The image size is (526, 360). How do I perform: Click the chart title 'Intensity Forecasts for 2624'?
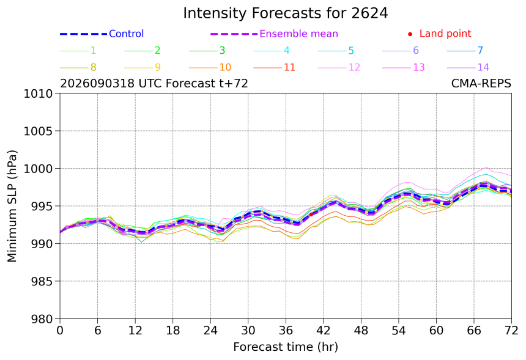coord(286,13)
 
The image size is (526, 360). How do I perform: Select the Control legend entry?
coord(102,34)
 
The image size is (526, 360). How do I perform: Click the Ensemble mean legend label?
coord(298,34)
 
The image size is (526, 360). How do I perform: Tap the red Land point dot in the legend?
coord(410,34)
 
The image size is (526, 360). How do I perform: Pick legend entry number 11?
coord(275,67)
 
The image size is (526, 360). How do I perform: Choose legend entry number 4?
coord(272,51)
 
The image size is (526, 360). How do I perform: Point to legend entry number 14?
coord(468,67)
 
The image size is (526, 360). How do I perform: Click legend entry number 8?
coord(78,67)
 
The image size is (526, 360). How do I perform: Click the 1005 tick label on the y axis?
coord(38,131)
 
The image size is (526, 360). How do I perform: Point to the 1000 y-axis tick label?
coord(38,169)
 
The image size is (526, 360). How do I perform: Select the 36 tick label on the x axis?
coord(286,331)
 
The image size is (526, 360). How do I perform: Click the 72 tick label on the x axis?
coord(511,331)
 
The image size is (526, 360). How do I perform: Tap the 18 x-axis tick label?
coord(172,331)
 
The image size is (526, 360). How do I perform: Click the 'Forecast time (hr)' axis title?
coord(286,347)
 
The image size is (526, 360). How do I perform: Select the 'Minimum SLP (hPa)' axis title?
coord(12,206)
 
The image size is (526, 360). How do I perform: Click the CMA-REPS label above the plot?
coord(481,83)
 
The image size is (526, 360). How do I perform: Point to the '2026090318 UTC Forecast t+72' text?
coord(154,83)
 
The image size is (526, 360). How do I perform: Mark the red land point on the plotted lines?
coord(311,214)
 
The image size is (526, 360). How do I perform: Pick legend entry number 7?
coord(465,51)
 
